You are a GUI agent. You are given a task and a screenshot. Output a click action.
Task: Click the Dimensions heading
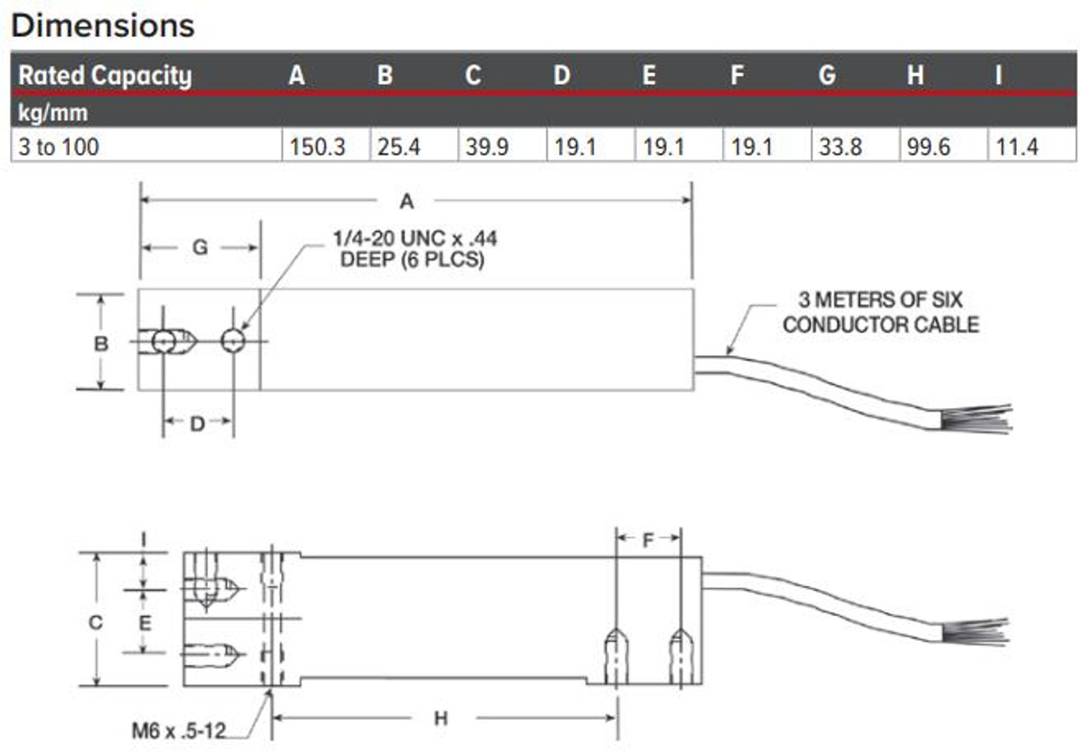(103, 25)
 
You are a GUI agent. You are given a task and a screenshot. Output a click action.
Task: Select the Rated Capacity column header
(105, 76)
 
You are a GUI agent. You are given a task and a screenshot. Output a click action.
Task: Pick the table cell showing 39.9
(487, 147)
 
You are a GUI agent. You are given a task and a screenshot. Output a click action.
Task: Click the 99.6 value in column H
(930, 147)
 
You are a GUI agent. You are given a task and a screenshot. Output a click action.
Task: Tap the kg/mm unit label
(53, 111)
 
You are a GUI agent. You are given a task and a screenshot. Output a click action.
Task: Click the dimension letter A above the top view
(406, 201)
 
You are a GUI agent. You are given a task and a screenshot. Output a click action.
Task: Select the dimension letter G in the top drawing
(199, 247)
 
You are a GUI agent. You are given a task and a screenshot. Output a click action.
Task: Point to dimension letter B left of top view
(100, 343)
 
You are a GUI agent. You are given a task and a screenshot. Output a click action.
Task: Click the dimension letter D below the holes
(198, 424)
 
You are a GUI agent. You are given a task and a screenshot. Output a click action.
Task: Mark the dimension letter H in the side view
(440, 718)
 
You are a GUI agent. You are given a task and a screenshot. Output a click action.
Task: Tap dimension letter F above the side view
(647, 539)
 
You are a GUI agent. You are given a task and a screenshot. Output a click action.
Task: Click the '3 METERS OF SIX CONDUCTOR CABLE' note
(881, 312)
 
